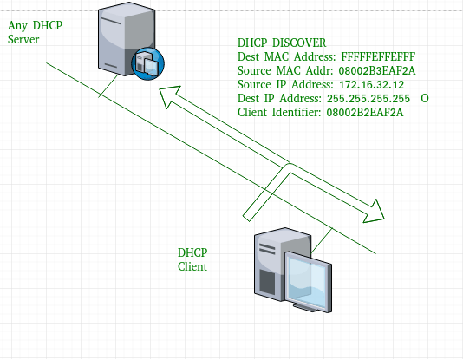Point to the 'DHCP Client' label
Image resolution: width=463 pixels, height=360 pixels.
(x=192, y=259)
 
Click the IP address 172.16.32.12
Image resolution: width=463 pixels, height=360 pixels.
(x=371, y=85)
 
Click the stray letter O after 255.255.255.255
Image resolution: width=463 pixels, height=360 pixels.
(x=424, y=99)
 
